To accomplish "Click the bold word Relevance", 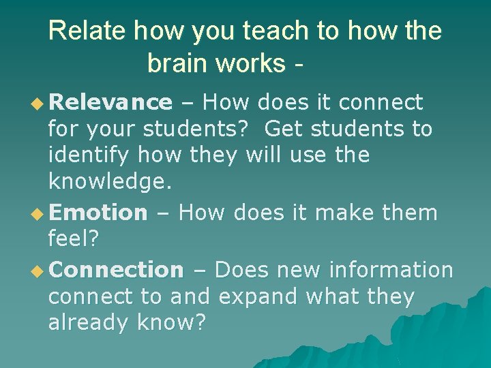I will coord(110,103).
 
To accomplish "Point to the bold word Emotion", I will coord(98,213).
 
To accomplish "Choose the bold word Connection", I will coord(116,270).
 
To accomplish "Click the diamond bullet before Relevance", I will coord(39,104).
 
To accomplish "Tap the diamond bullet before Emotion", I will coord(39,214).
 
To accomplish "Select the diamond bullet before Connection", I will coord(39,271).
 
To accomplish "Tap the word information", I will coord(391,270).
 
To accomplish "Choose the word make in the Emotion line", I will coord(348,213).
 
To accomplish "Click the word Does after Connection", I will coord(243,270).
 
